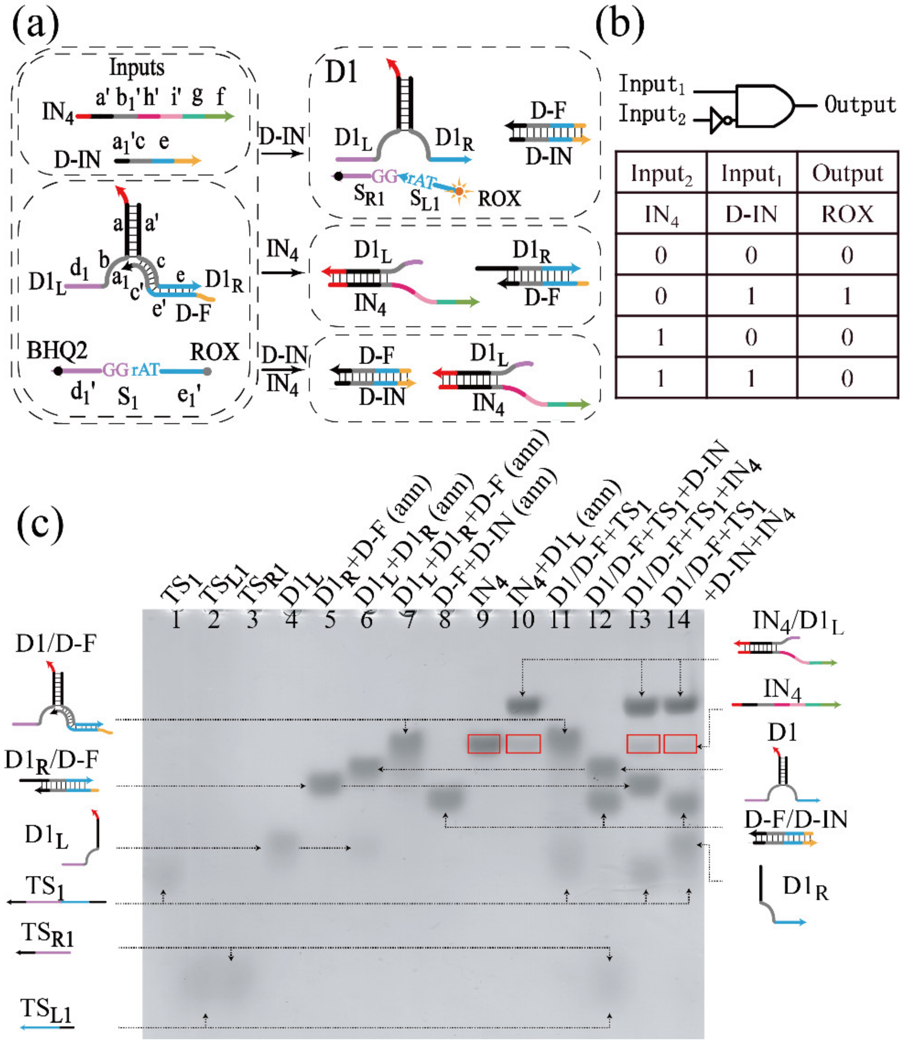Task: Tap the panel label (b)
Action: point(620,25)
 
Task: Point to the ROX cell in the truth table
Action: point(847,214)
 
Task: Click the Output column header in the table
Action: point(847,173)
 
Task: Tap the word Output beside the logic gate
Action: point(860,105)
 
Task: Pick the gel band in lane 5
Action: point(325,784)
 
